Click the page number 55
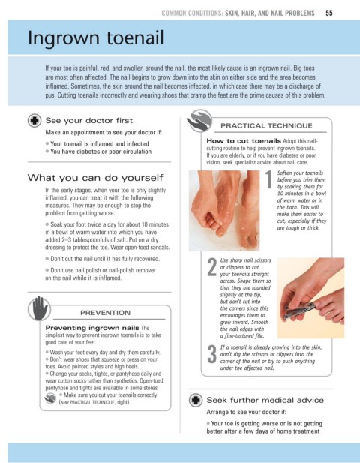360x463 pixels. tap(329, 13)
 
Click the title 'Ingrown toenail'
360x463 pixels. tap(95, 38)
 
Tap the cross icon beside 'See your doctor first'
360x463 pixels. tap(34, 121)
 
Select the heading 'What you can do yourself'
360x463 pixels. tap(95, 177)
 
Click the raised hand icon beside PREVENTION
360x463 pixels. tap(40, 308)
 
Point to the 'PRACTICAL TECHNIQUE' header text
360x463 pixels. tap(266, 126)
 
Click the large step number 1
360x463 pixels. tap(268, 179)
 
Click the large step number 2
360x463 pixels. tap(211, 267)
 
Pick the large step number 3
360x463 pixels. tap(211, 354)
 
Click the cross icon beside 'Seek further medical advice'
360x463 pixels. tap(196, 400)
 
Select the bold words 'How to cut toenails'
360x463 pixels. tap(244, 140)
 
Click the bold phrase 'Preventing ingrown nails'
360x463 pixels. tap(92, 328)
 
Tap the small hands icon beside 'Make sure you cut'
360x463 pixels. tap(50, 398)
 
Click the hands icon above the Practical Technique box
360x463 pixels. tap(199, 121)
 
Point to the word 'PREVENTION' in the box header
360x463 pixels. tap(105, 313)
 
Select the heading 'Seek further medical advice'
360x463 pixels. tap(265, 400)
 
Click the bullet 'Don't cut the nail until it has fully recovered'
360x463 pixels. tap(103, 259)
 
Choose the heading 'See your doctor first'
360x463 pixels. tap(89, 121)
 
